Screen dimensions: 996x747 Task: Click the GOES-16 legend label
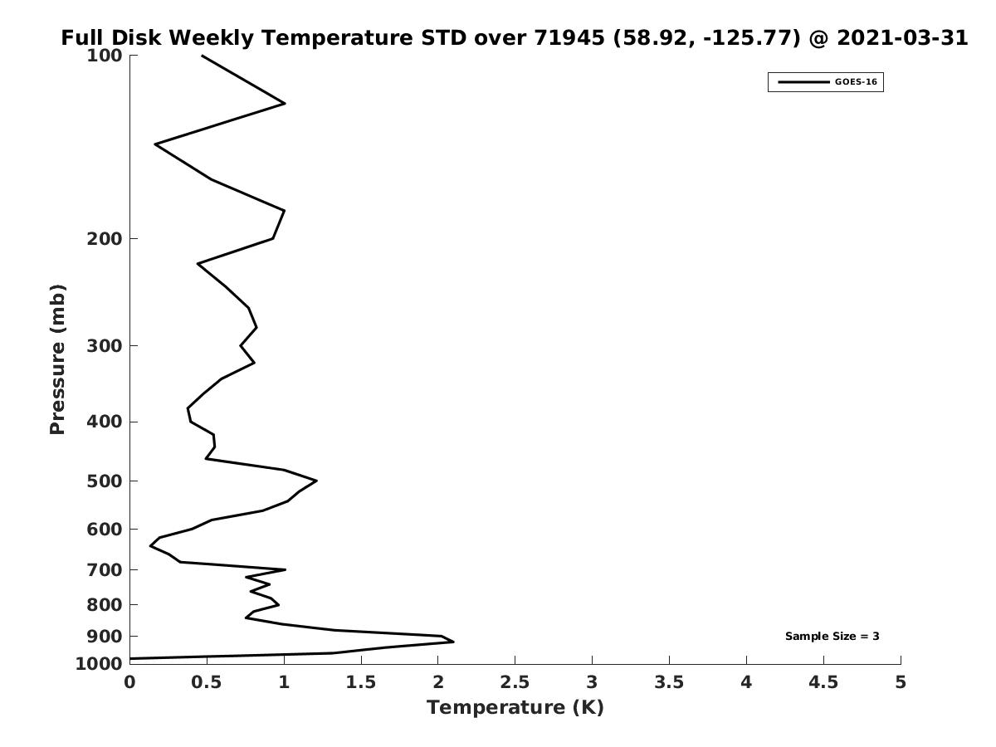[x=856, y=82]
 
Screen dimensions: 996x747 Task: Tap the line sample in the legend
[x=803, y=82]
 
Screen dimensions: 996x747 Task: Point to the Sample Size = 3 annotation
[x=832, y=636]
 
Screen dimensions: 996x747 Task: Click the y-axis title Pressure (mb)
[x=57, y=359]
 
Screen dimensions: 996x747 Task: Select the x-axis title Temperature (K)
[x=515, y=707]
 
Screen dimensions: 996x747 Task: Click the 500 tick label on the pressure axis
[x=105, y=481]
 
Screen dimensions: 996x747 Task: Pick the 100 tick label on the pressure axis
[x=105, y=56]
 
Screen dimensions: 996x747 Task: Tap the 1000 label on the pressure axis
[x=99, y=664]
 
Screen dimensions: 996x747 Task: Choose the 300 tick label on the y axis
[x=105, y=346]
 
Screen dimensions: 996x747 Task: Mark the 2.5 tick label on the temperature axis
[x=515, y=682]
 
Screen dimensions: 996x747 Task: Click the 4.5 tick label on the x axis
[x=823, y=682]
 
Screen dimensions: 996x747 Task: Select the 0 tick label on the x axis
[x=129, y=682]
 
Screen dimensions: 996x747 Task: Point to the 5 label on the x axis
[x=901, y=682]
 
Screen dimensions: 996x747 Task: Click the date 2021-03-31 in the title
[x=902, y=37]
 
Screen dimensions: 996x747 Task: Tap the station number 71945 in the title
[x=569, y=37]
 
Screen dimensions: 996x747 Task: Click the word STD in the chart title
[x=443, y=37]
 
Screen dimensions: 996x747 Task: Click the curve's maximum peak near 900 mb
[x=453, y=642]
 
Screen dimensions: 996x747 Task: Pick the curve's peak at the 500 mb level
[x=316, y=481]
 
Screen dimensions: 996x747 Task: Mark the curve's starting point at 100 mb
[x=203, y=56]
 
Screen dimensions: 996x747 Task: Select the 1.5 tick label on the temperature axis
[x=361, y=682]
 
